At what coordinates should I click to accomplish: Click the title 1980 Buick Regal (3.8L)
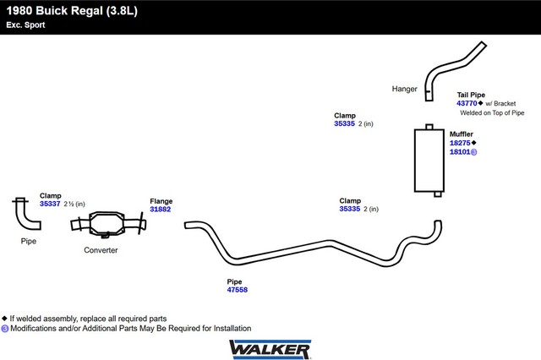(x=72, y=11)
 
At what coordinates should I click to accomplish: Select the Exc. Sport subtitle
(x=25, y=25)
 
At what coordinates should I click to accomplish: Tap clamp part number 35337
(x=50, y=204)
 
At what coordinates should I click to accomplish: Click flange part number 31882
(x=160, y=210)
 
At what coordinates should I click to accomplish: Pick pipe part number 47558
(x=237, y=290)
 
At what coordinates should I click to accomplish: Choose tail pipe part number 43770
(x=467, y=103)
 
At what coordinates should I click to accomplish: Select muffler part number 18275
(x=460, y=143)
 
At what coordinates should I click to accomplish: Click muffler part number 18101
(x=460, y=152)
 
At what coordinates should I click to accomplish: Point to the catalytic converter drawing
(x=108, y=224)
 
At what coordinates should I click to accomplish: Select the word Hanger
(x=404, y=89)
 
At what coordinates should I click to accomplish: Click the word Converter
(x=101, y=250)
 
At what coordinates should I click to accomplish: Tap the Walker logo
(x=270, y=349)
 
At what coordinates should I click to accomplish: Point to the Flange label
(x=161, y=201)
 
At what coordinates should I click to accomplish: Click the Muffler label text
(x=462, y=134)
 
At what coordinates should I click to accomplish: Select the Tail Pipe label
(x=471, y=95)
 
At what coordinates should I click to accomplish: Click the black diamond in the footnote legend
(x=4, y=319)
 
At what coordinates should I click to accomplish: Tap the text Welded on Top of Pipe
(x=492, y=112)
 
